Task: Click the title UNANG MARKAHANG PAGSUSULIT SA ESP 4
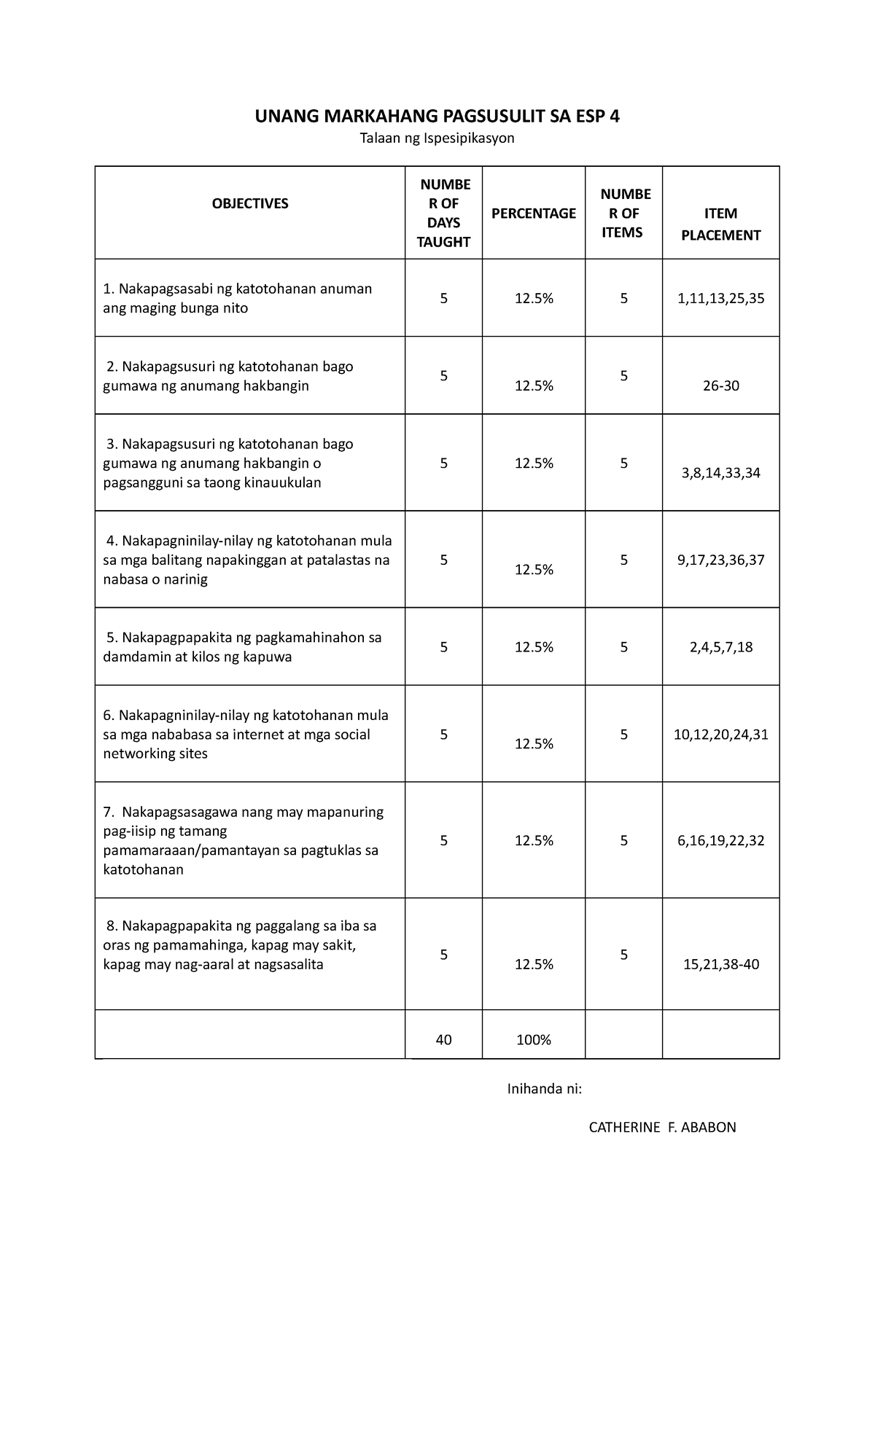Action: coord(437,116)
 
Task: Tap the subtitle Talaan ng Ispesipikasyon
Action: coord(437,138)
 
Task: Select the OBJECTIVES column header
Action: coord(250,203)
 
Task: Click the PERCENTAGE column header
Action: coord(533,213)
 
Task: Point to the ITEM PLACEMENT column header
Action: coord(720,224)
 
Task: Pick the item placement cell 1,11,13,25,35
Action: coord(720,298)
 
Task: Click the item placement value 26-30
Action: coord(720,386)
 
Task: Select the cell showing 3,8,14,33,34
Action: coord(720,473)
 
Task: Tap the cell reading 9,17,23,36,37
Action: coord(720,560)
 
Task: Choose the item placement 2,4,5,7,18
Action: coord(720,647)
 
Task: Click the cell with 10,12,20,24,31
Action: coord(720,735)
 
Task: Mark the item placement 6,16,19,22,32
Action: coord(720,840)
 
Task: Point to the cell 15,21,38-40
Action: coord(720,964)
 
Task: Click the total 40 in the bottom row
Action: coord(443,1040)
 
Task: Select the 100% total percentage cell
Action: coord(533,1040)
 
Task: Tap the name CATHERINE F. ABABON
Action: coord(662,1127)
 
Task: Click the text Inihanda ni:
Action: coord(545,1089)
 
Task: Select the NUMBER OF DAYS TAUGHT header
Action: coord(443,213)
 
